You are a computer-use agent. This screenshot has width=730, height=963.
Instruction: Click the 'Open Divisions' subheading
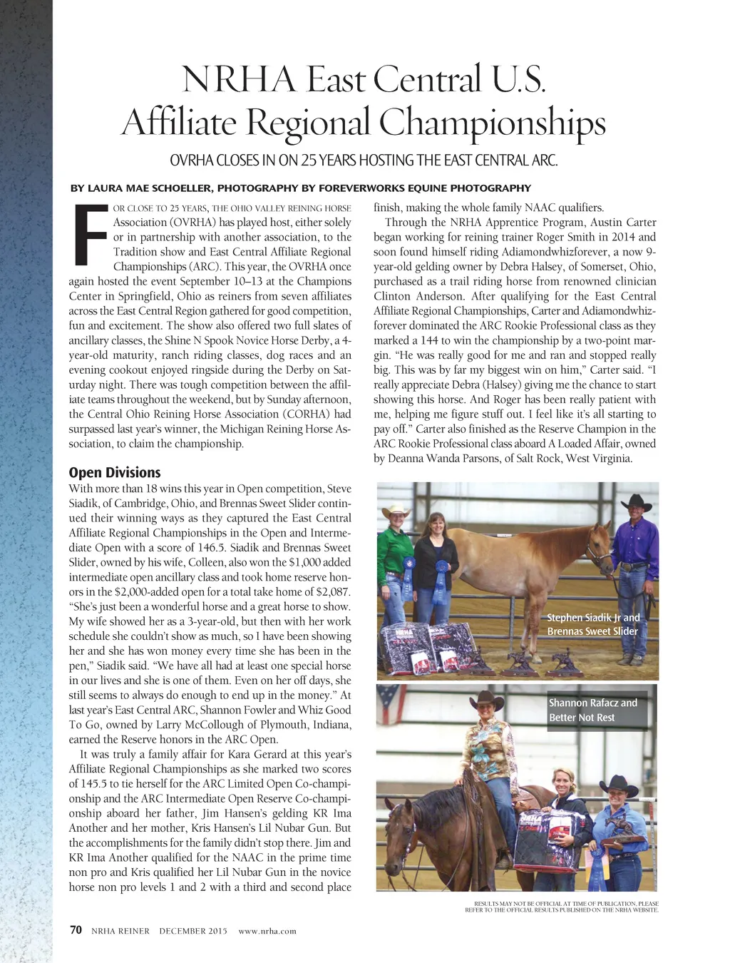[115, 472]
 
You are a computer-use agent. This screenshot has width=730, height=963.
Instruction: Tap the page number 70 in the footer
[76, 929]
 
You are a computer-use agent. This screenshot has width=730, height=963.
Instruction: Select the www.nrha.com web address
[267, 930]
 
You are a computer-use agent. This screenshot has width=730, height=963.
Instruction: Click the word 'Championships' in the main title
[492, 123]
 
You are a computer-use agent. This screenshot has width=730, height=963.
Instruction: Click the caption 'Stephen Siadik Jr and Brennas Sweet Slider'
[593, 624]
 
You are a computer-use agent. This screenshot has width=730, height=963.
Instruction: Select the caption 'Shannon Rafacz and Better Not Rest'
[592, 710]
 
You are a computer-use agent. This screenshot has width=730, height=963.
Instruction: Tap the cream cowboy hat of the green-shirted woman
[395, 511]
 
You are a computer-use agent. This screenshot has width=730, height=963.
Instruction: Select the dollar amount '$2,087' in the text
[333, 592]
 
